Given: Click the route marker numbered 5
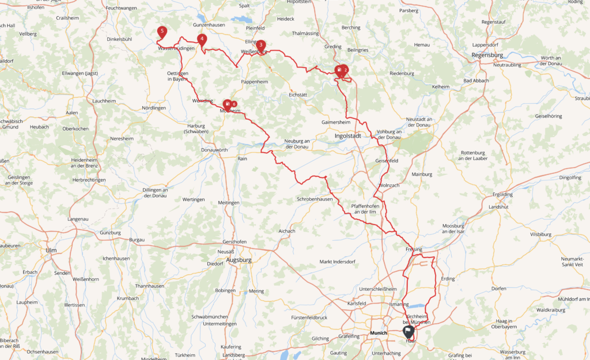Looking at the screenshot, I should (x=162, y=32).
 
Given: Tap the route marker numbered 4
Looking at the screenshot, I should (x=202, y=40).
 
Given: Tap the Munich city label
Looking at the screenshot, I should (x=378, y=333).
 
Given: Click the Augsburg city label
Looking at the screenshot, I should (x=239, y=260).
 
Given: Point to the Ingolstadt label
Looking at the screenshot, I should (x=347, y=136).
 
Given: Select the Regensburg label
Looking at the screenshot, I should (x=487, y=55).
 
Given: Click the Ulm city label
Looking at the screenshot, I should (x=51, y=250).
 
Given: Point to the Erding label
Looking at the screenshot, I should (x=447, y=279).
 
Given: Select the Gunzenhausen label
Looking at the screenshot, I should (x=208, y=25).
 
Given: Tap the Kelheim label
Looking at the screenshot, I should (x=440, y=86).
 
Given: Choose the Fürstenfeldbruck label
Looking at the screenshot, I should (x=309, y=317).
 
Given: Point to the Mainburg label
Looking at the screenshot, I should (x=422, y=174).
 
